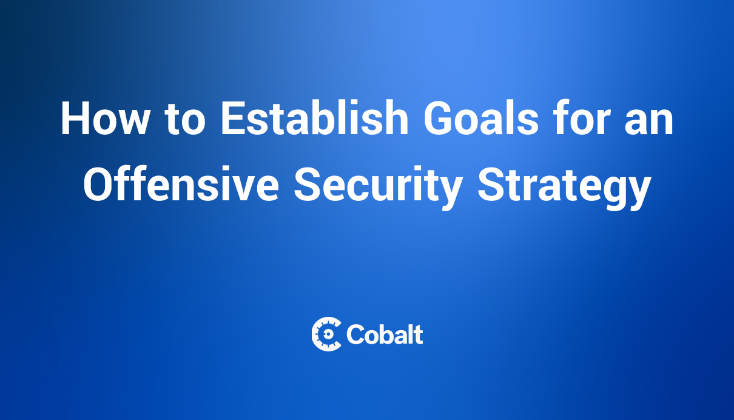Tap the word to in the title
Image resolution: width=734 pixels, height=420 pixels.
tap(185, 119)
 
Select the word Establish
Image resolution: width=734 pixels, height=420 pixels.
tap(315, 117)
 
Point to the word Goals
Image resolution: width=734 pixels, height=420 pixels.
tap(482, 117)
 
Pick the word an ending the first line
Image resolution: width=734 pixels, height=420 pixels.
tap(649, 122)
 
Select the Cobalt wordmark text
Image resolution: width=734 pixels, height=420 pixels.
tap(385, 334)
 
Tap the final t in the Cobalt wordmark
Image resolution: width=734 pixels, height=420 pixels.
tap(419, 336)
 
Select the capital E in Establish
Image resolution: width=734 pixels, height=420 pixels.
tap(234, 118)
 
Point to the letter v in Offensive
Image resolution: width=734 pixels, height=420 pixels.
tap(241, 188)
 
